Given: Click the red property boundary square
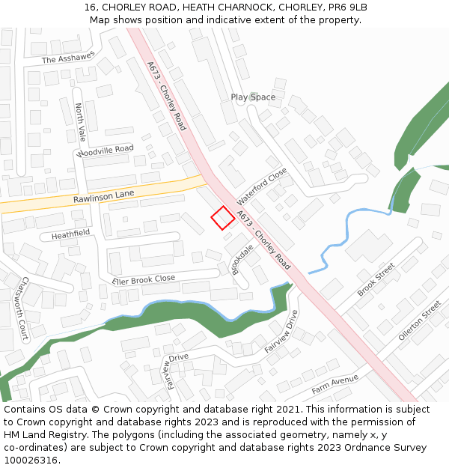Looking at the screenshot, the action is [x=222, y=218].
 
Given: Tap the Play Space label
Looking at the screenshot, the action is [x=253, y=97].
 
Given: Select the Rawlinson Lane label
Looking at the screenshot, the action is [x=103, y=196].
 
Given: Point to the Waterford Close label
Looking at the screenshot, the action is [x=262, y=187].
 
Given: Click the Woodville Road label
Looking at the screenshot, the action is [x=105, y=150].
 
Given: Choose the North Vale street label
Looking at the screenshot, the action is [x=80, y=123].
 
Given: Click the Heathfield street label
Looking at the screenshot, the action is [x=70, y=234].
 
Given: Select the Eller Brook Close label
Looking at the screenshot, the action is [x=144, y=279].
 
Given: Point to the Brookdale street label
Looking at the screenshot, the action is [x=242, y=259].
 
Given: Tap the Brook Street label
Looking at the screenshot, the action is [x=376, y=279].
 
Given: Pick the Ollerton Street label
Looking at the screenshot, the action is [x=420, y=320].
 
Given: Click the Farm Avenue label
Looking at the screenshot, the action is [x=335, y=385].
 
